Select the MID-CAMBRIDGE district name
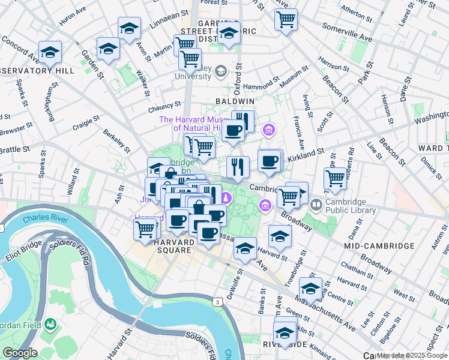(379, 246)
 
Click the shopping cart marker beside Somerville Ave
(286, 19)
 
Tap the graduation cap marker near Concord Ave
(50, 52)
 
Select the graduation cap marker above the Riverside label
(285, 332)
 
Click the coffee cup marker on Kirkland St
(270, 161)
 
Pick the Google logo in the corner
(19, 353)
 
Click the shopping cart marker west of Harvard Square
(145, 229)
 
